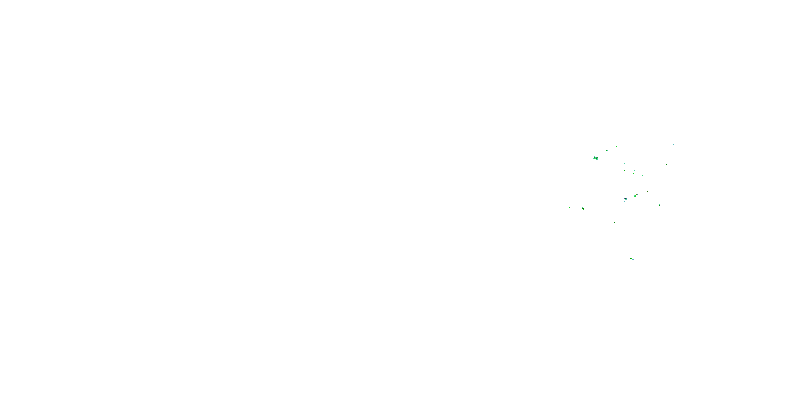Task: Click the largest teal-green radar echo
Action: pyautogui.click(x=595, y=158)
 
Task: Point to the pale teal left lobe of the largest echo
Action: pyautogui.click(x=594, y=158)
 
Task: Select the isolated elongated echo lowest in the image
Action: pyautogui.click(x=632, y=259)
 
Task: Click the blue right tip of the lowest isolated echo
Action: pyautogui.click(x=633, y=259)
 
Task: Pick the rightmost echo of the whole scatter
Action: pyautogui.click(x=679, y=200)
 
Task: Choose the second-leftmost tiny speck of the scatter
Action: pyautogui.click(x=572, y=206)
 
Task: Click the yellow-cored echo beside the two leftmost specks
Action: pyautogui.click(x=583, y=209)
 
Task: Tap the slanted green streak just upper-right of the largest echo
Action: pyautogui.click(x=607, y=150)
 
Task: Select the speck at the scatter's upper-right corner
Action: pyautogui.click(x=674, y=145)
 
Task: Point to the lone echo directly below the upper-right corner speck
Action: pyautogui.click(x=666, y=164)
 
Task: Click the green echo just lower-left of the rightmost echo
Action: pyautogui.click(x=660, y=204)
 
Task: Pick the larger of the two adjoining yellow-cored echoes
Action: pyautogui.click(x=635, y=196)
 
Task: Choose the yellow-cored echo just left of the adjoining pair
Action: pyautogui.click(x=625, y=199)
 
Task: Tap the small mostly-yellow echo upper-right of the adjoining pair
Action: pyautogui.click(x=648, y=191)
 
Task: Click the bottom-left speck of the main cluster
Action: pyautogui.click(x=609, y=226)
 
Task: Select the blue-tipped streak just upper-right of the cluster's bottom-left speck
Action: pyautogui.click(x=615, y=223)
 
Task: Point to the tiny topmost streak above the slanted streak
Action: pyautogui.click(x=616, y=146)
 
